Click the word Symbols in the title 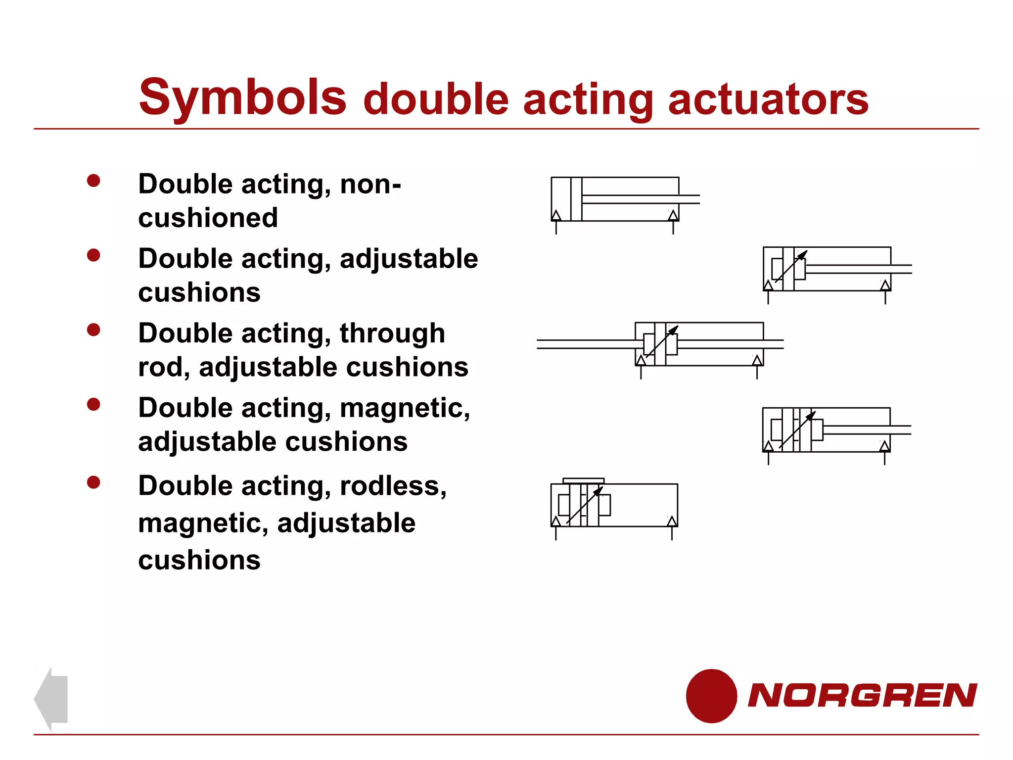(242, 97)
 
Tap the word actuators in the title (768, 99)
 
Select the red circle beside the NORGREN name (711, 696)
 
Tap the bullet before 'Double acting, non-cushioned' (93, 181)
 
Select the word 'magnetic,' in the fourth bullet (405, 408)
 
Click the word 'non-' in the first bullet (370, 184)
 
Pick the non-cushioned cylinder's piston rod (641, 199)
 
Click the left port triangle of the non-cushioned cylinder (556, 215)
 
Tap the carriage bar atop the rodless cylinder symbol (584, 480)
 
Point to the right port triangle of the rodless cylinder (672, 521)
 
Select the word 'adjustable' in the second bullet (409, 259)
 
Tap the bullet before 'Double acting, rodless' (93, 482)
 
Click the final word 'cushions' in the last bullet (199, 560)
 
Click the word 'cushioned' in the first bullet (208, 218)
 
